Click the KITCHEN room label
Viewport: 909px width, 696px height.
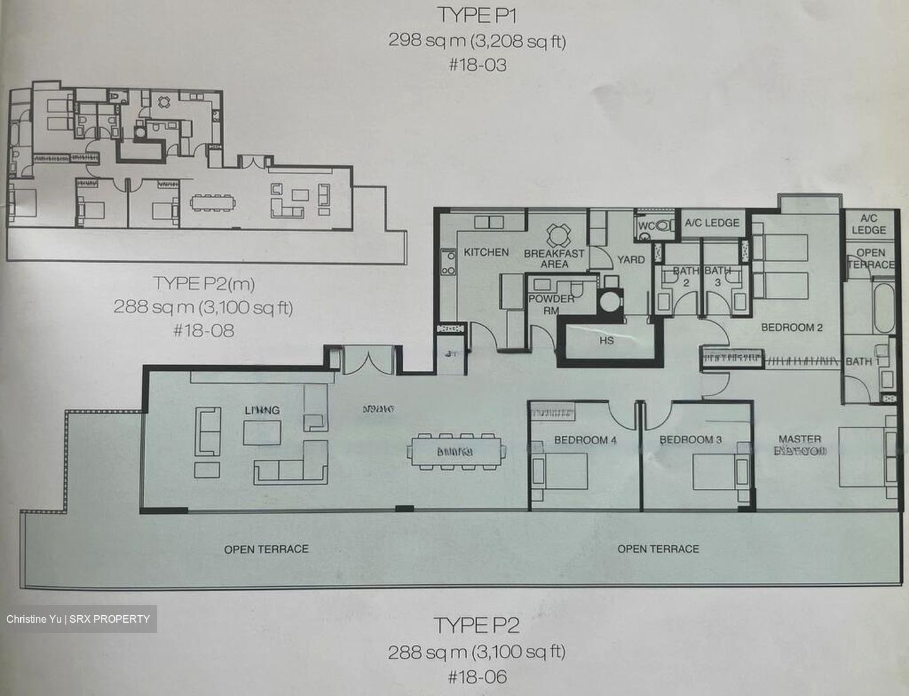486,252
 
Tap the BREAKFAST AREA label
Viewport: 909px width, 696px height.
554,258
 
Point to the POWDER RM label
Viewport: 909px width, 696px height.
551,303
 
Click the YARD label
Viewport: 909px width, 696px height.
631,260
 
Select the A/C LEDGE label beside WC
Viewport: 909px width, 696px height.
712,223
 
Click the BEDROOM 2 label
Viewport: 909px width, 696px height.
792,327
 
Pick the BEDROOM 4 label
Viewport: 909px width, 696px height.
585,440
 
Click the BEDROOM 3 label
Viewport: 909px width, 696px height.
690,440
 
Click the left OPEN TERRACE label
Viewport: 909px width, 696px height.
266,549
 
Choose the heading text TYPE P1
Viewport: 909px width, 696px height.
477,16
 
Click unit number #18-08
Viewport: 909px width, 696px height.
203,330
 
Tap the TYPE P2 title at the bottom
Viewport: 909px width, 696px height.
477,625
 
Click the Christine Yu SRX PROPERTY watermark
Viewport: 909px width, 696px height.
78,619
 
